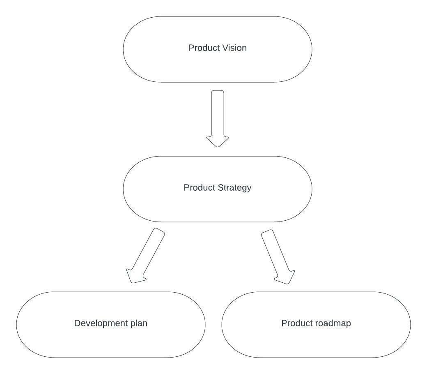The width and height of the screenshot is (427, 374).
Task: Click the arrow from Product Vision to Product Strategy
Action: click(218, 115)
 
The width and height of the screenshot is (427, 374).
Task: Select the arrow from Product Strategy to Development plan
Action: click(148, 253)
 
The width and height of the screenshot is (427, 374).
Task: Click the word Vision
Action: click(234, 48)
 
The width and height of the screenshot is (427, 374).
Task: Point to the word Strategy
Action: click(234, 188)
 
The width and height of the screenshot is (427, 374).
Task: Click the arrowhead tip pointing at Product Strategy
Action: click(218, 146)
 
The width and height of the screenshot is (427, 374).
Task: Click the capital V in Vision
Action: click(225, 48)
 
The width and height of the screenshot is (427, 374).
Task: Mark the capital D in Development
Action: click(77, 323)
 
